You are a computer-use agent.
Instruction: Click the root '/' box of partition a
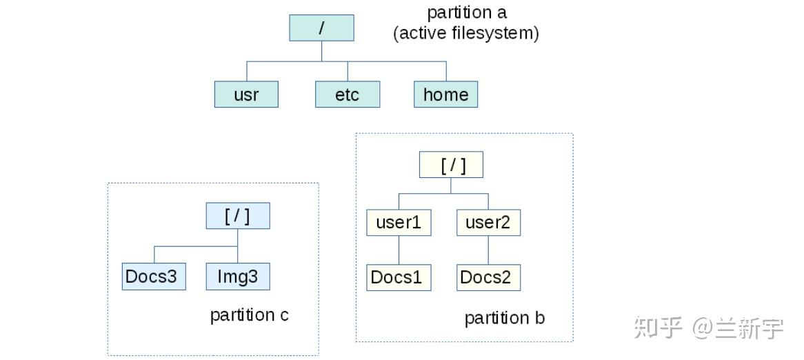click(321, 28)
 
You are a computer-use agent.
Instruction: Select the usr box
click(246, 94)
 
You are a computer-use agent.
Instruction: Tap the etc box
click(348, 94)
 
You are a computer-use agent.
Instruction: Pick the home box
click(445, 94)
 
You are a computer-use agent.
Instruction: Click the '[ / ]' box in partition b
click(451, 166)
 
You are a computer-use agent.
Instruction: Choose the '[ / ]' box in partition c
click(238, 216)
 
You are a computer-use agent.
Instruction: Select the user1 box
click(399, 223)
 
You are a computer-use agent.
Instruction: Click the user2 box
click(488, 223)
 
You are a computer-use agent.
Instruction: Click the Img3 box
click(238, 277)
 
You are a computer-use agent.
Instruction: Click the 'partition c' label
click(249, 315)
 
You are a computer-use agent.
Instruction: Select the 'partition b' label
click(504, 318)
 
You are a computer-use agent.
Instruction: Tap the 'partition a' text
click(467, 12)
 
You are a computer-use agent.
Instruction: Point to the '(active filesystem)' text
click(466, 32)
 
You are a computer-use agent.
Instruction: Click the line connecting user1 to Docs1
click(399, 250)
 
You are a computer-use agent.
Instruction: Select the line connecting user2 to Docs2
click(488, 250)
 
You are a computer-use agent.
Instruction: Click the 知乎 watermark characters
click(658, 328)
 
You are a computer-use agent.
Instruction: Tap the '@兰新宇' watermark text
click(738, 328)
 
